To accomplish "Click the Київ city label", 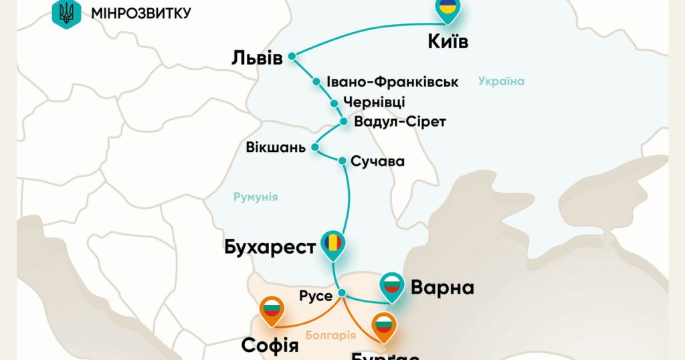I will click(x=448, y=42).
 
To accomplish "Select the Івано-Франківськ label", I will click(x=393, y=82).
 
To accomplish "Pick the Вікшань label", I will click(x=276, y=147).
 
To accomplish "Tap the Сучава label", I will click(x=379, y=161).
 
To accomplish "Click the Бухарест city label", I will click(x=270, y=247).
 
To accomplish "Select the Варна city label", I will click(x=442, y=288).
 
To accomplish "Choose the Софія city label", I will click(x=270, y=345).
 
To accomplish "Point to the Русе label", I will click(x=316, y=296).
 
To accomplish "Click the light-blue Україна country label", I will click(x=501, y=82).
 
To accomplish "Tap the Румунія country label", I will click(x=256, y=197).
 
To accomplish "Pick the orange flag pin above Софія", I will click(x=272, y=309).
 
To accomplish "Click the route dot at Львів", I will click(x=292, y=58).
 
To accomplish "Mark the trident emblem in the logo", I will click(x=66, y=13).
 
